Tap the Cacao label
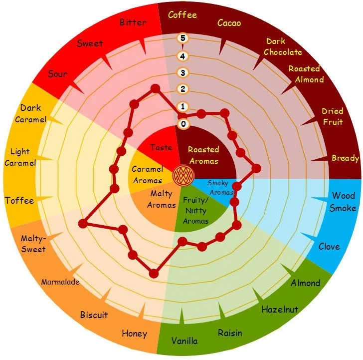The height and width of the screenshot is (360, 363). (230, 22)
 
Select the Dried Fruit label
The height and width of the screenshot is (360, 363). (332, 116)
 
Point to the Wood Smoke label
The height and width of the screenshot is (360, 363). (343, 201)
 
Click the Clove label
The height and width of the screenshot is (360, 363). (329, 246)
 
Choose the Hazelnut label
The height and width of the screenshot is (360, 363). (280, 310)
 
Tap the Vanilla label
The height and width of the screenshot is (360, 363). (184, 341)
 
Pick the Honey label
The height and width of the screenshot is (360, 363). (134, 333)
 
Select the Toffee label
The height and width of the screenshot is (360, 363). (19, 201)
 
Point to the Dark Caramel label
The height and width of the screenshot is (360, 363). (30, 113)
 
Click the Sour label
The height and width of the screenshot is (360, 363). (57, 74)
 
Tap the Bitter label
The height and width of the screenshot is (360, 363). (133, 22)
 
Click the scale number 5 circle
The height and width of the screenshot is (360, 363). (183, 38)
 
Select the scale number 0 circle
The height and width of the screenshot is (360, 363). (183, 124)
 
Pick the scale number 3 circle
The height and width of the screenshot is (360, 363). (183, 73)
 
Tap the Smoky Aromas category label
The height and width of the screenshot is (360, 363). (217, 188)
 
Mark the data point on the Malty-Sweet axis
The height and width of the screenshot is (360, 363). (83, 224)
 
